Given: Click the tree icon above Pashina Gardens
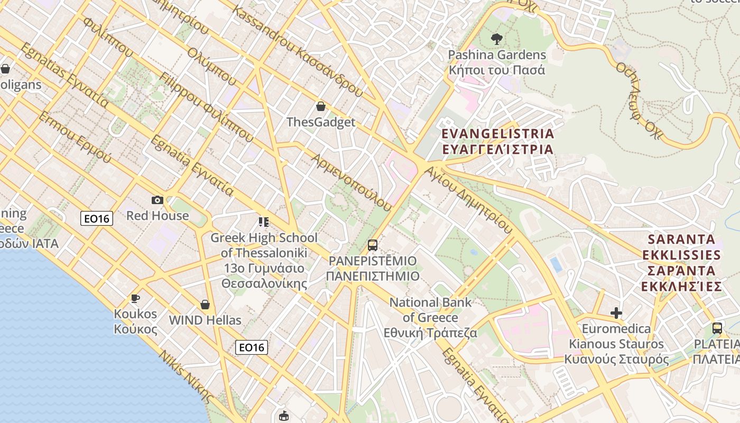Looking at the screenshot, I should pos(496,38).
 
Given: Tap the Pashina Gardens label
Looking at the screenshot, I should pos(496,62).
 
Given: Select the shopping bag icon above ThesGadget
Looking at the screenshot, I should pos(320,107).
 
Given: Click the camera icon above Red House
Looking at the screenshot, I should pos(157,200).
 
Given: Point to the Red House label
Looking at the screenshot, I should pos(157,216).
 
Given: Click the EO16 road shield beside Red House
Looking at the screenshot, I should pos(97,218).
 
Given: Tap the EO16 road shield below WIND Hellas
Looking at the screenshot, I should pos(252,347).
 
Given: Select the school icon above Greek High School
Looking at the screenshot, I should pos(264,222).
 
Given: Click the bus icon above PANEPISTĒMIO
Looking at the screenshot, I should pos(373,245).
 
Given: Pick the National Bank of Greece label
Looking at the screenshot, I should pos(430,317).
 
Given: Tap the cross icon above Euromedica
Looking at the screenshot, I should pos(616,313).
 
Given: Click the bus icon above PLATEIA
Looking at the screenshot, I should pos(717,328).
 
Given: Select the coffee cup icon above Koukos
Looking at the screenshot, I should pos(135,299).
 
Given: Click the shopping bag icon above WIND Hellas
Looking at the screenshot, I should pos(205,305).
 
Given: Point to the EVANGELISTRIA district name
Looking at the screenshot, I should pos(497,141).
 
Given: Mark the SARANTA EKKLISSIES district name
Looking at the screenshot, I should pos(681,263).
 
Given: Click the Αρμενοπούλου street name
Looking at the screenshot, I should pos(351,182).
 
